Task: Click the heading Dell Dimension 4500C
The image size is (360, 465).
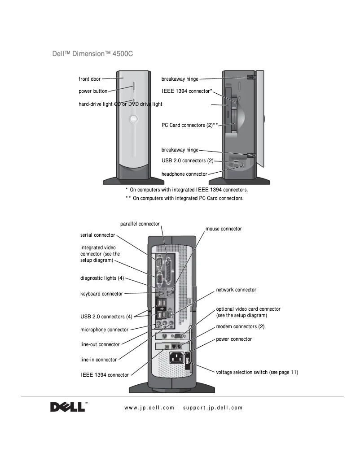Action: (x=93, y=54)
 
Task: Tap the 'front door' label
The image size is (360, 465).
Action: (x=90, y=79)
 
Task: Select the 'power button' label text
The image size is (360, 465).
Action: (x=93, y=91)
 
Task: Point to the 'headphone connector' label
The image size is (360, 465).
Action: (x=184, y=174)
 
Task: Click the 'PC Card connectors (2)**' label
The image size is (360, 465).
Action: (x=189, y=125)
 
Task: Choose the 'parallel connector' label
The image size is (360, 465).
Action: (x=140, y=224)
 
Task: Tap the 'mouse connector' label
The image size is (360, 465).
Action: (x=224, y=229)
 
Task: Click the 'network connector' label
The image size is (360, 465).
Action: (x=236, y=290)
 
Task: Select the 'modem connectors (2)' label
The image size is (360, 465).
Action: (x=240, y=326)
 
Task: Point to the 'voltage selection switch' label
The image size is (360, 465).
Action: (x=257, y=372)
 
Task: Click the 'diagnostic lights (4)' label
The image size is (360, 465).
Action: (x=102, y=278)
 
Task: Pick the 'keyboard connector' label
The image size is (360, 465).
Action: (x=101, y=294)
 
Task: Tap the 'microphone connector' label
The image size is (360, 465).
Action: (x=104, y=330)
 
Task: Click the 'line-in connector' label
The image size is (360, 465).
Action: (x=98, y=360)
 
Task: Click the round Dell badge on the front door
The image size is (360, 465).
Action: (x=133, y=119)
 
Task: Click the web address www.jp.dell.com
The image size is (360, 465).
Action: (x=149, y=408)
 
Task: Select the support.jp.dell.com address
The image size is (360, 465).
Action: (x=213, y=408)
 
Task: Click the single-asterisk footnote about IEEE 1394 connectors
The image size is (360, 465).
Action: (x=186, y=190)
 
